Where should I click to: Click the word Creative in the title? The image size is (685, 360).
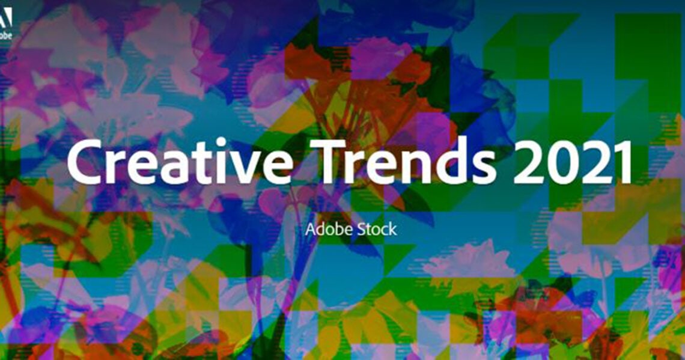click(x=180, y=160)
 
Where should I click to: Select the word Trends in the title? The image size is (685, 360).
click(x=407, y=160)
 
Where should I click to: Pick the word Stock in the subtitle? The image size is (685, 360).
click(x=376, y=229)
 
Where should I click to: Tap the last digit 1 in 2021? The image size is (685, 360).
click(x=621, y=161)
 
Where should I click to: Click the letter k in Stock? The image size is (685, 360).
click(x=392, y=229)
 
